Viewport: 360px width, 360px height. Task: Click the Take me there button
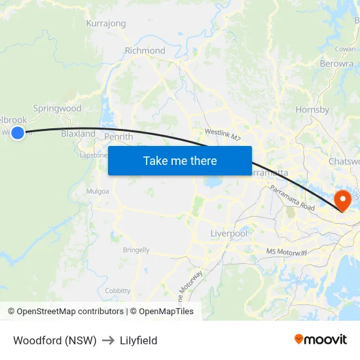pyautogui.click(x=180, y=160)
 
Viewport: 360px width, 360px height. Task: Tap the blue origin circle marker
pyautogui.click(x=18, y=133)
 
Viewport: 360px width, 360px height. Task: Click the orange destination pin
pyautogui.click(x=342, y=200)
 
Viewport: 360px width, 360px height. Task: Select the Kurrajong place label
pyautogui.click(x=106, y=24)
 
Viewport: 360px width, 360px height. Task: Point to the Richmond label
pyautogui.click(x=145, y=50)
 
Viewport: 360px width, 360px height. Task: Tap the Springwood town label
pyautogui.click(x=57, y=109)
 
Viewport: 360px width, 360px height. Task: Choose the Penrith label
pyautogui.click(x=118, y=137)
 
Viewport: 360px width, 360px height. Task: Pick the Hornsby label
pyautogui.click(x=312, y=110)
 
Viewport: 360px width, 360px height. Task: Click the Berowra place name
pyautogui.click(x=336, y=63)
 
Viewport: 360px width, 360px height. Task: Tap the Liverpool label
pyautogui.click(x=228, y=234)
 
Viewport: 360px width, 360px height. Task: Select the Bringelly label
pyautogui.click(x=136, y=250)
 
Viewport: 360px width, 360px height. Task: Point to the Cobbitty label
pyautogui.click(x=118, y=291)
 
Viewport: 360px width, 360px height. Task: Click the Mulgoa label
pyautogui.click(x=98, y=192)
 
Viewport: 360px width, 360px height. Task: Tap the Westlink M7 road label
pyautogui.click(x=223, y=134)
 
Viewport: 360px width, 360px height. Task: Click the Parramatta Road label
pyautogui.click(x=292, y=198)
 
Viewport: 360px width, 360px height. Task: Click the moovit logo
pyautogui.click(x=320, y=339)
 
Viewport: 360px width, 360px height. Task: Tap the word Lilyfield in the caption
pyautogui.click(x=138, y=340)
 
